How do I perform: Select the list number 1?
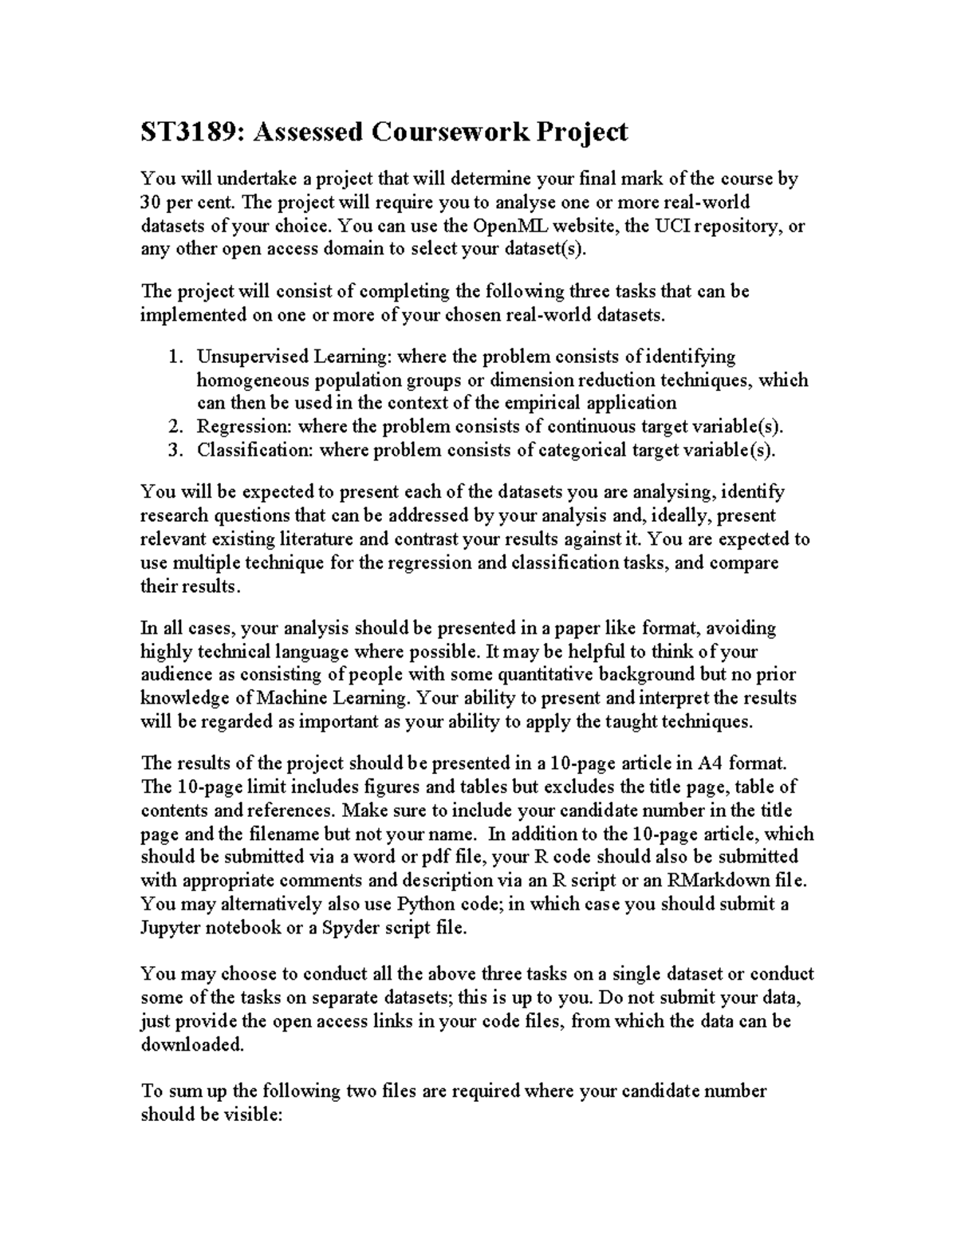point(175,356)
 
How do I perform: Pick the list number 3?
point(175,450)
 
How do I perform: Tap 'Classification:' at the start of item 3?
point(256,450)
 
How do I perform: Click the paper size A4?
point(710,764)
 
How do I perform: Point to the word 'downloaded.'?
point(191,1045)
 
